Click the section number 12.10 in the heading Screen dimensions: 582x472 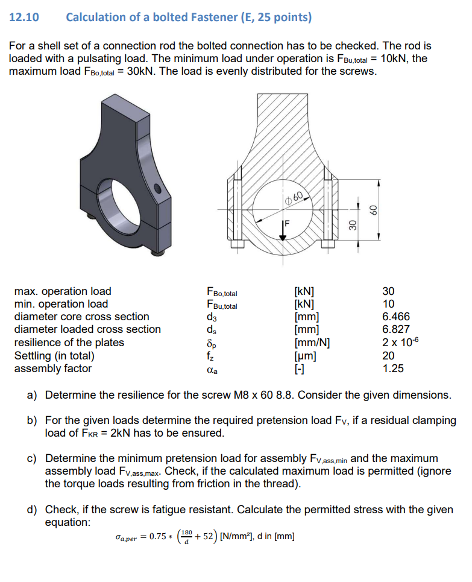[x=24, y=17]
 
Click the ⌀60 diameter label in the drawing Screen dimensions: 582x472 [x=297, y=197]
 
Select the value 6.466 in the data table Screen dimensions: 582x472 [x=396, y=317]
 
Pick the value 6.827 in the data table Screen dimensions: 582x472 [x=396, y=329]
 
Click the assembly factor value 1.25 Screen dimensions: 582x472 [x=393, y=368]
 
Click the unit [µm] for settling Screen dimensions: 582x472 [x=305, y=355]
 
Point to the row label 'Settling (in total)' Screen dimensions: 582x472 [x=60, y=355]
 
